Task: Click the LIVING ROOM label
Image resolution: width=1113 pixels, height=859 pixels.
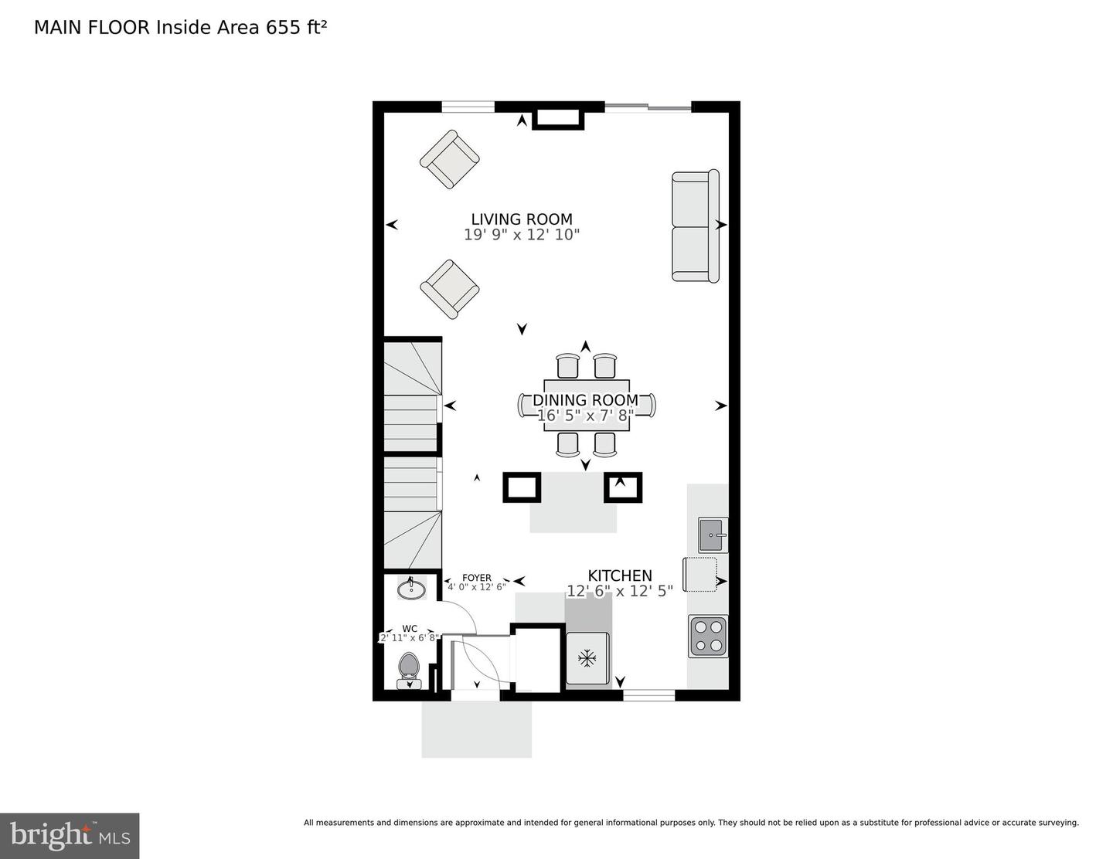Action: pos(522,219)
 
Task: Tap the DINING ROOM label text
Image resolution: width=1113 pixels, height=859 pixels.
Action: pos(585,400)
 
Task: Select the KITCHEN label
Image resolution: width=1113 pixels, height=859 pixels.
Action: pos(620,575)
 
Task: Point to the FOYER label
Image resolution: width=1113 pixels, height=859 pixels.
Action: pos(477,578)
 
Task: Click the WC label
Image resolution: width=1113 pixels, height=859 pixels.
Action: pos(410,629)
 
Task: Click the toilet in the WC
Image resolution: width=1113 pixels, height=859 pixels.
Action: pos(408,669)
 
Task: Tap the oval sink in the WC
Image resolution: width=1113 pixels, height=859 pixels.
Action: pos(411,590)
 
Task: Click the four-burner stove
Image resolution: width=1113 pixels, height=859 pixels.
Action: pos(708,636)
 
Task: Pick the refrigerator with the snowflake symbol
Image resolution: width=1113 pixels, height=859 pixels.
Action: pos(587,658)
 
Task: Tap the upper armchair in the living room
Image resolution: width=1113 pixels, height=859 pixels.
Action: pos(450,160)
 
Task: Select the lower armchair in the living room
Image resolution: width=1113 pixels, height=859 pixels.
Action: pos(450,289)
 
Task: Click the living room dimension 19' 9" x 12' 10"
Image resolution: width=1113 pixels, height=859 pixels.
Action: pos(522,235)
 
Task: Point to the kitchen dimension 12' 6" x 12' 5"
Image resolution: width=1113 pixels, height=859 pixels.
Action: pos(620,591)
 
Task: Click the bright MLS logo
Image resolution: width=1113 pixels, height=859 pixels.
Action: pos(70,836)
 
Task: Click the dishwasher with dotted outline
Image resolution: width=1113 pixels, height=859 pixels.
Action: pos(700,574)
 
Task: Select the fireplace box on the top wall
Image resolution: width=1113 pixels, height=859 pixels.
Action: pos(558,117)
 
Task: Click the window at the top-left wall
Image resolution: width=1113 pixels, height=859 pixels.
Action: pos(468,107)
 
